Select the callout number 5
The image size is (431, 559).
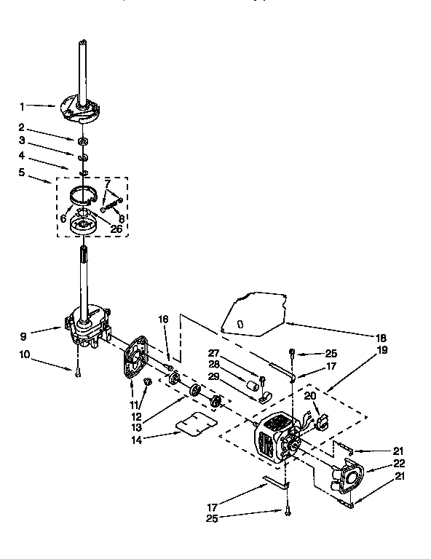click(23, 173)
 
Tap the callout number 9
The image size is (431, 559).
click(23, 336)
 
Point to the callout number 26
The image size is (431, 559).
click(116, 228)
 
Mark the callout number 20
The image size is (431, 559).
click(310, 395)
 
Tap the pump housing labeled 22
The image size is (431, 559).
click(347, 477)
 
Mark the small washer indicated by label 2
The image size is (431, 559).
click(84, 139)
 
